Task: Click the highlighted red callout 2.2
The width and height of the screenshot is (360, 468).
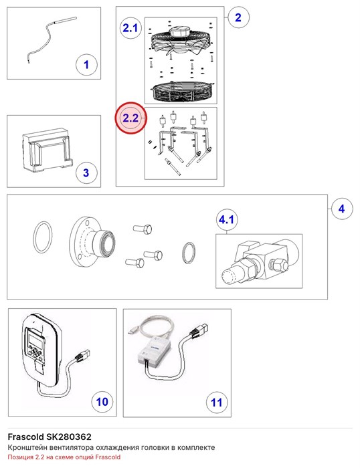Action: pyautogui.click(x=130, y=118)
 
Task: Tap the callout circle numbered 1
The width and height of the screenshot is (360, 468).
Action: pyautogui.click(x=86, y=65)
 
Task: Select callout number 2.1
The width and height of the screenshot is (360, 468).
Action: pyautogui.click(x=130, y=28)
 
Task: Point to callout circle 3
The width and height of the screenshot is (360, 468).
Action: pyautogui.click(x=86, y=172)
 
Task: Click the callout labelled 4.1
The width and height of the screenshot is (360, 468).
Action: pyautogui.click(x=226, y=220)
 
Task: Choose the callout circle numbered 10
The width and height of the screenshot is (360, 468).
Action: pyautogui.click(x=102, y=401)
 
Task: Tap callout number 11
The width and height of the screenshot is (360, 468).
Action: pyautogui.click(x=217, y=402)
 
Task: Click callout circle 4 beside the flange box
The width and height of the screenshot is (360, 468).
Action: pyautogui.click(x=342, y=209)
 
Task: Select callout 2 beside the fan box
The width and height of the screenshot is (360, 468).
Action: pyautogui.click(x=238, y=17)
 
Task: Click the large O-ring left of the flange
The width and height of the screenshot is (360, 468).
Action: pyautogui.click(x=33, y=237)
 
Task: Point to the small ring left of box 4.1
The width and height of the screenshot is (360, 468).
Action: pyautogui.click(x=183, y=253)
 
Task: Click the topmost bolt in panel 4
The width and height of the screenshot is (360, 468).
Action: pyautogui.click(x=143, y=229)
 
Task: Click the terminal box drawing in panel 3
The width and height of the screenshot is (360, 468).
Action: pyautogui.click(x=48, y=150)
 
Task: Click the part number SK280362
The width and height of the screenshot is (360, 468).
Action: pyautogui.click(x=68, y=437)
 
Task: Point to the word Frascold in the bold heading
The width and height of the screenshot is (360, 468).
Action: pyautogui.click(x=25, y=437)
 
